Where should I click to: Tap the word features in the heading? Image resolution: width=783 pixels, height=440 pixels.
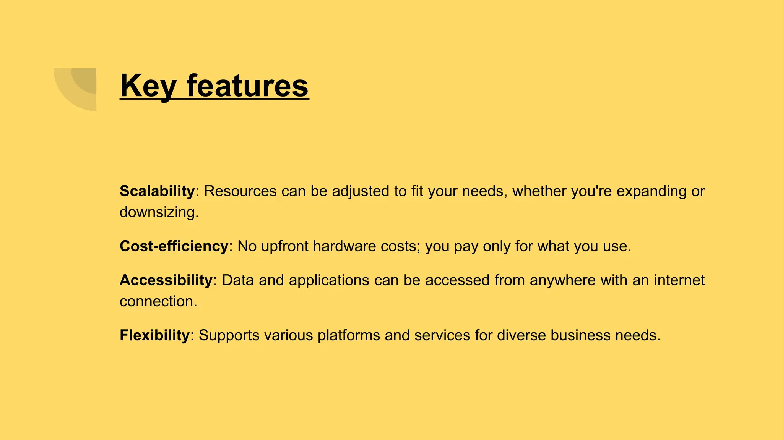[247, 86]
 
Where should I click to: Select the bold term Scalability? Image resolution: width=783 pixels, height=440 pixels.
[157, 191]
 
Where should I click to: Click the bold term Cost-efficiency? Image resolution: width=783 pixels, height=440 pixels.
[174, 246]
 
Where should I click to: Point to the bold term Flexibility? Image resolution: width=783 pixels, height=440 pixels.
[154, 335]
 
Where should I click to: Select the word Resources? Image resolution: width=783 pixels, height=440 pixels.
[240, 191]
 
